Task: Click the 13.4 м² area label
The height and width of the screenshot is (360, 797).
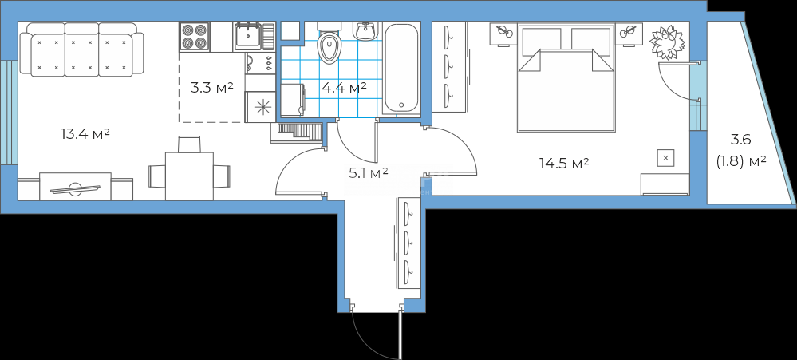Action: pos(85,135)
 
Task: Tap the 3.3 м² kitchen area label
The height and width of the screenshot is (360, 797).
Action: pos(211,88)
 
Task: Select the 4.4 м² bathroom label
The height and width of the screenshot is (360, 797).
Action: pos(345,88)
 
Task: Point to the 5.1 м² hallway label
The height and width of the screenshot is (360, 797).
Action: pos(368,173)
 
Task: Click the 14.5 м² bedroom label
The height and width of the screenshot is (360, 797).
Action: pos(564,163)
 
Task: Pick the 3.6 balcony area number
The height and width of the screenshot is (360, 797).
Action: pos(741,139)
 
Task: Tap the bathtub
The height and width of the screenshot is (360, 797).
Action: pos(401,68)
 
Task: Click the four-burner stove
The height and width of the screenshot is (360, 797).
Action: pos(195,36)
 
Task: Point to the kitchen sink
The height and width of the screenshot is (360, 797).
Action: pos(248,36)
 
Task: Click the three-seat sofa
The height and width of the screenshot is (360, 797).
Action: pos(81,49)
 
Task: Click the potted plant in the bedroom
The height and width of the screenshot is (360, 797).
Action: pos(667,42)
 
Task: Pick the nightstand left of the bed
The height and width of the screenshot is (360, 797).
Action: pos(503,34)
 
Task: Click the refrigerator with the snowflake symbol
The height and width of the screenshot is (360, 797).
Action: pos(261,107)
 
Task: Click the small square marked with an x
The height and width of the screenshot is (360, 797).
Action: pos(666,158)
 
